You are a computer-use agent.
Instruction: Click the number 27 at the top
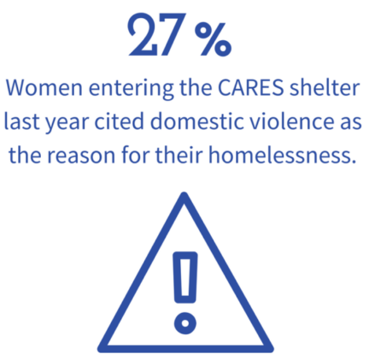click(x=155, y=34)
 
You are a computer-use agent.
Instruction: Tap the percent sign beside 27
click(x=213, y=38)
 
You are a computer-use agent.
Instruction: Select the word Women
click(x=44, y=87)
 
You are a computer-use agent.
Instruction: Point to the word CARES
click(x=250, y=87)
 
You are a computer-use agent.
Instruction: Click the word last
click(x=21, y=121)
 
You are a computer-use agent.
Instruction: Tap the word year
click(x=67, y=124)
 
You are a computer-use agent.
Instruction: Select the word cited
click(x=120, y=121)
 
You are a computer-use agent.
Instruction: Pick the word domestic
click(x=197, y=121)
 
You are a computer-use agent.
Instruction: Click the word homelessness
click(x=278, y=155)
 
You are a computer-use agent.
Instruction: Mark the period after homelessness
click(x=354, y=162)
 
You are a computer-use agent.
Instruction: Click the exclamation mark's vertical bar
click(x=185, y=277)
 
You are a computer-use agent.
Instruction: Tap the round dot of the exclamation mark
click(x=185, y=323)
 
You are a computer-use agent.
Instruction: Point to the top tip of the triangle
click(x=184, y=194)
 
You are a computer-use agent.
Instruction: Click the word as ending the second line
click(x=351, y=124)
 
